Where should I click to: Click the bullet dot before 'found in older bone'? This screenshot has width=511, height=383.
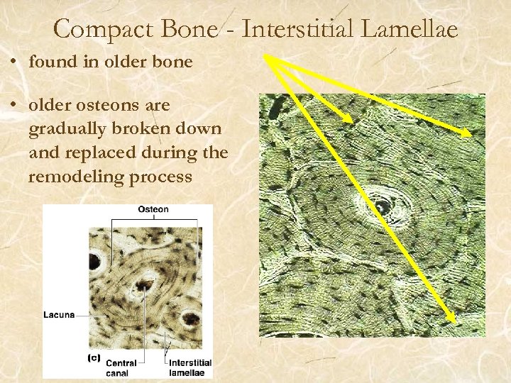click(14, 62)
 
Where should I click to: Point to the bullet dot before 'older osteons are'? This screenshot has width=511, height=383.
click(14, 106)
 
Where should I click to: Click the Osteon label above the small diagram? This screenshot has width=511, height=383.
click(153, 209)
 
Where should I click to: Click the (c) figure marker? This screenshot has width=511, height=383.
click(94, 357)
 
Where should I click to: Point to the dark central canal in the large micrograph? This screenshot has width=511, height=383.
click(381, 206)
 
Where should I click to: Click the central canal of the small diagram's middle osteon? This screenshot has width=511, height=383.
click(147, 285)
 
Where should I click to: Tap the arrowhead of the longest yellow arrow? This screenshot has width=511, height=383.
click(453, 321)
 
